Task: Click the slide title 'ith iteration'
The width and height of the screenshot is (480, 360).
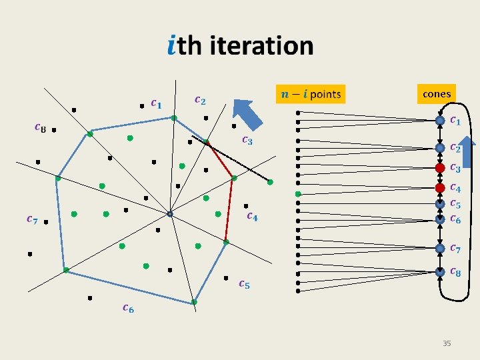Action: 239,45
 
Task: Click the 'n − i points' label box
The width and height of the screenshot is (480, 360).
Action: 311,94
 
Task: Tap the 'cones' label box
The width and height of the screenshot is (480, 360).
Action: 437,94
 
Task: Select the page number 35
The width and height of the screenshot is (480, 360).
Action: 447,343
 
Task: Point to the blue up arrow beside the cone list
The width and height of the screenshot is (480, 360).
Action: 468,153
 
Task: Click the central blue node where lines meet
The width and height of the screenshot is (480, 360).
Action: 170,214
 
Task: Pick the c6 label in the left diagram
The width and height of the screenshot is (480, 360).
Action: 127,307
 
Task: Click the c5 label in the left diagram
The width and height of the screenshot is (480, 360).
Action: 244,285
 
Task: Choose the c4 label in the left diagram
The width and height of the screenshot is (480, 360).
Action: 253,215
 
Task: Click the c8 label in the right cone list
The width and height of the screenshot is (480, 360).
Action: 455,271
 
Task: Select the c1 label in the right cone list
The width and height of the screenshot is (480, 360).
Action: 455,121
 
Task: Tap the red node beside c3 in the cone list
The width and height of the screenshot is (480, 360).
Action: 440,167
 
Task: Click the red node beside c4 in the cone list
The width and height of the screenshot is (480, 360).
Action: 440,188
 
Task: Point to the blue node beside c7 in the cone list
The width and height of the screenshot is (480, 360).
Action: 440,248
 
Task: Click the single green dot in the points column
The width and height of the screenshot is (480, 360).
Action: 299,193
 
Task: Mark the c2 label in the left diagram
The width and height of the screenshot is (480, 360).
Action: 199,101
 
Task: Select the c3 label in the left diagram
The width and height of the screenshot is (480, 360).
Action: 247,140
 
